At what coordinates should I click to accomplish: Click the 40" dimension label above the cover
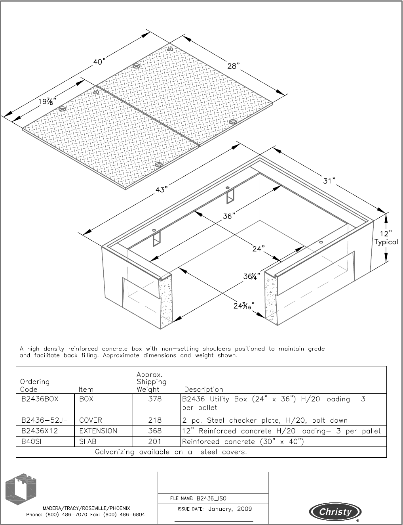click(x=100, y=62)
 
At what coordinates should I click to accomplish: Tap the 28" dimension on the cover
click(x=234, y=66)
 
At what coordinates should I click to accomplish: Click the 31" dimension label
click(x=329, y=181)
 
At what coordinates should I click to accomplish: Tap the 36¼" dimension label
click(x=252, y=276)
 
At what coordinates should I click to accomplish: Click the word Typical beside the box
click(x=386, y=242)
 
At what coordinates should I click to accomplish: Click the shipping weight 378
click(x=155, y=399)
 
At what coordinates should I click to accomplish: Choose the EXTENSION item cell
click(x=98, y=431)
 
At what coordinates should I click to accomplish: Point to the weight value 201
click(x=155, y=442)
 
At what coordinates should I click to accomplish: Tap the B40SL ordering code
click(x=32, y=442)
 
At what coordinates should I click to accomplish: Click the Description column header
click(x=203, y=389)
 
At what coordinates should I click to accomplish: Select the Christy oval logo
click(x=335, y=512)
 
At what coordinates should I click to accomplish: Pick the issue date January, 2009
click(x=230, y=509)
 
